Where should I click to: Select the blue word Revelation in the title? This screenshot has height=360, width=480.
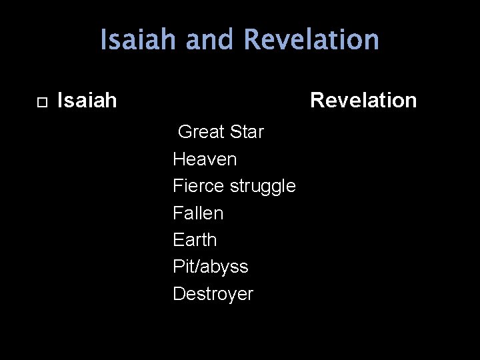311,40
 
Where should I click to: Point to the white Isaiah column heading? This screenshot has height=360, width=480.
87,101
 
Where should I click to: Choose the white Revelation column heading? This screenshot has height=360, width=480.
363,101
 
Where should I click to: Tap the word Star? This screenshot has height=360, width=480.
247,132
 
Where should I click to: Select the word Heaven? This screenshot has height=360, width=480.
205,159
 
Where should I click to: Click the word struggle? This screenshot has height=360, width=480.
263,187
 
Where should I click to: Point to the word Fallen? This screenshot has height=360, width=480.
198,213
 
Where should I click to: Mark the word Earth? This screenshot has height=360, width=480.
195,240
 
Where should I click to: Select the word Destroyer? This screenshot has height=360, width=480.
213,294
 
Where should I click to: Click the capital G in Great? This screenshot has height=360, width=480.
184,132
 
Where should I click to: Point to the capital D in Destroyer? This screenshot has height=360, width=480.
179,294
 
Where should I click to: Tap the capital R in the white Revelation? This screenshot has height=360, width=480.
317,101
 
